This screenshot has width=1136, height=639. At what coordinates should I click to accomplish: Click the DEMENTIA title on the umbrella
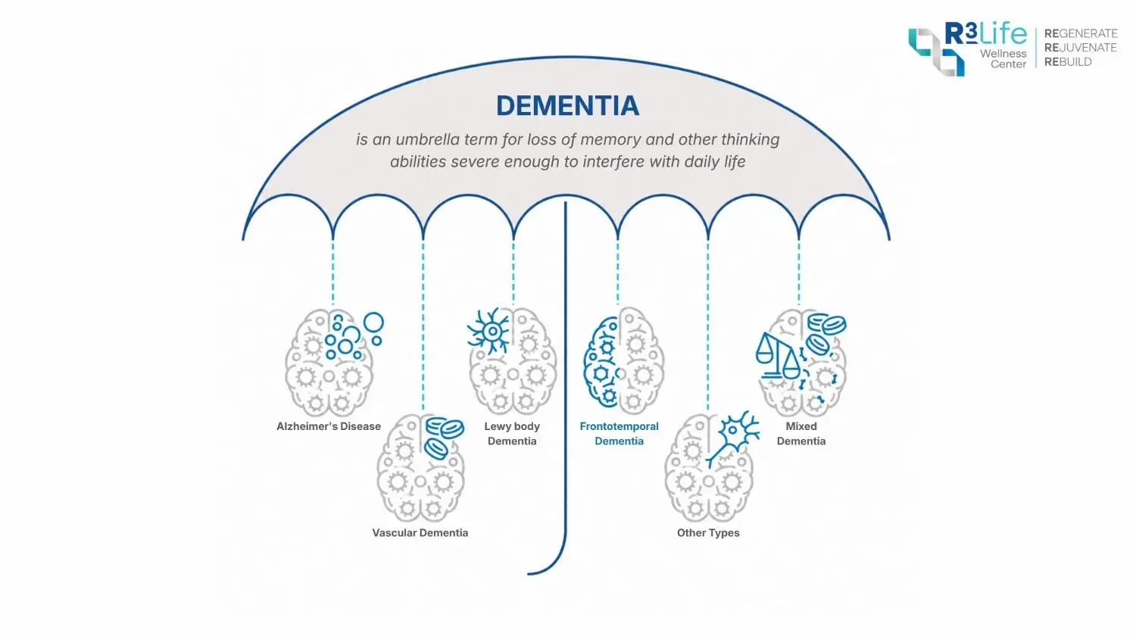pyautogui.click(x=567, y=105)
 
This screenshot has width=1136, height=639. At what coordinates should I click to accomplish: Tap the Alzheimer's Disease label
pyautogui.click(x=329, y=426)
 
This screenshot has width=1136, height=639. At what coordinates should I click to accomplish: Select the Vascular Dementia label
pyautogui.click(x=420, y=533)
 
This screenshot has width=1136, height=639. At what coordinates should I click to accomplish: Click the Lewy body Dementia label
pyautogui.click(x=512, y=434)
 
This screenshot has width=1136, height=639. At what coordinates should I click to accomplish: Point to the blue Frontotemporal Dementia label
pyautogui.click(x=619, y=434)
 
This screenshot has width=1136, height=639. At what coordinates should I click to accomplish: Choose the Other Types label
pyautogui.click(x=708, y=533)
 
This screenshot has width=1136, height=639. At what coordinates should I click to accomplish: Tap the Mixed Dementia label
pyautogui.click(x=801, y=434)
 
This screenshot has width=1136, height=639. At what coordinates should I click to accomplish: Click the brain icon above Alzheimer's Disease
pyautogui.click(x=329, y=362)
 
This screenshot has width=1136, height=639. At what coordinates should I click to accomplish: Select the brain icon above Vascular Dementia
pyautogui.click(x=420, y=469)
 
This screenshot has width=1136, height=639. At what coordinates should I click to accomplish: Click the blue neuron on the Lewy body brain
pyautogui.click(x=490, y=331)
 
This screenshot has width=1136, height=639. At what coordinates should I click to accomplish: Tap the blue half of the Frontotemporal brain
pyautogui.click(x=601, y=362)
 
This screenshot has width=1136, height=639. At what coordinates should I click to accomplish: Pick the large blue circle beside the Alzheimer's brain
pyautogui.click(x=374, y=323)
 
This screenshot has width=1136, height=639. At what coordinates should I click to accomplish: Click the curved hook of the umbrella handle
pyautogui.click(x=551, y=564)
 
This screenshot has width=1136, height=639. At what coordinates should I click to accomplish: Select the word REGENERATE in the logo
pyautogui.click(x=1081, y=33)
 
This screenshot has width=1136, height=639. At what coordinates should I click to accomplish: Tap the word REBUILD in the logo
pyautogui.click(x=1068, y=62)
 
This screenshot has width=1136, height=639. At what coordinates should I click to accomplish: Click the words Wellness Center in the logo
pyautogui.click(x=1003, y=59)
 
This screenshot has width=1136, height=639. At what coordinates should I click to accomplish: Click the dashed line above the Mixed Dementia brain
pyautogui.click(x=799, y=272)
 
